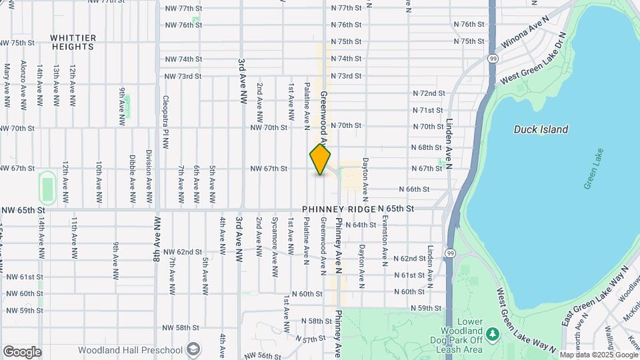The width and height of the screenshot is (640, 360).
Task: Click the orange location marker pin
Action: (320, 159)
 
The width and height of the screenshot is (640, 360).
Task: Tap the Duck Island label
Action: (541, 129)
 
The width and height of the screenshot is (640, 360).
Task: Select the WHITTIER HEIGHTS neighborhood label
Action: (72, 43)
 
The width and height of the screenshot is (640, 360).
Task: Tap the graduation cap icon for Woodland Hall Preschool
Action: (193, 350)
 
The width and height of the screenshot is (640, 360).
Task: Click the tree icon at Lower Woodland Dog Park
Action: (492, 333)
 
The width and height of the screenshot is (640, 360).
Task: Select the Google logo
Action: (21, 352)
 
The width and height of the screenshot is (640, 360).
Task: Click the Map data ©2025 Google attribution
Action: (598, 355)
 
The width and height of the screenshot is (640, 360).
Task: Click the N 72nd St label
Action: (428, 93)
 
